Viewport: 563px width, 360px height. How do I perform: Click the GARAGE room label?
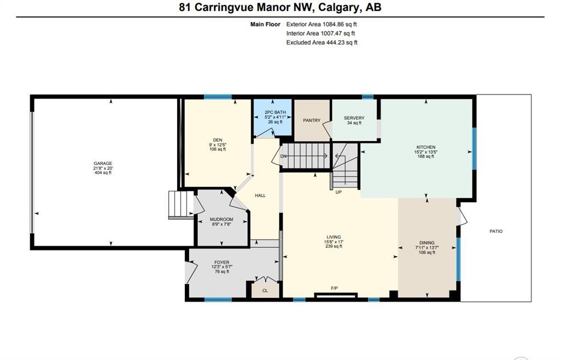[x=103, y=163]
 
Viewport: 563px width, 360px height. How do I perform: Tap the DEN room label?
[x=218, y=140]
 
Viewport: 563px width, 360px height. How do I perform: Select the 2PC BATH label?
[x=275, y=112]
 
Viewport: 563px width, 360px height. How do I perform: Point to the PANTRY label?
[x=312, y=120]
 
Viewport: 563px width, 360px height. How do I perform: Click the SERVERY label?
[x=354, y=118]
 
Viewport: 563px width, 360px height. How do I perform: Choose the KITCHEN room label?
[x=426, y=147]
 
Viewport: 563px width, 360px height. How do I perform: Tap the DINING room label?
[x=427, y=242]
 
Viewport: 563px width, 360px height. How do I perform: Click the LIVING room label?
[x=334, y=237]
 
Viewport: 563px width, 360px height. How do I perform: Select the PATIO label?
[x=496, y=231]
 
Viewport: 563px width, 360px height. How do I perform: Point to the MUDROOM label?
[x=222, y=219]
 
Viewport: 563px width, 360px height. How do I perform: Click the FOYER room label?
[x=222, y=262]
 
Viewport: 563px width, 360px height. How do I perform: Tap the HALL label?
[x=260, y=196]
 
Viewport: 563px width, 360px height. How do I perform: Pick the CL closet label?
[x=265, y=291]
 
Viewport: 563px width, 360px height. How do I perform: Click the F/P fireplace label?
[x=334, y=288]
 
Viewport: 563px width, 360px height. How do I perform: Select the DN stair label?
[x=284, y=157]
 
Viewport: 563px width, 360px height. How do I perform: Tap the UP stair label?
[x=339, y=192]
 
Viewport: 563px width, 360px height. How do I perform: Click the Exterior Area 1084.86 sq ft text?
[x=321, y=24]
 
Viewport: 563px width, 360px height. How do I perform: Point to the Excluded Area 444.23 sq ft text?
[x=322, y=42]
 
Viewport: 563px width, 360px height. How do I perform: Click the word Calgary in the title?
[x=339, y=7]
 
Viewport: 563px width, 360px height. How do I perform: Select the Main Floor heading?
[x=266, y=24]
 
